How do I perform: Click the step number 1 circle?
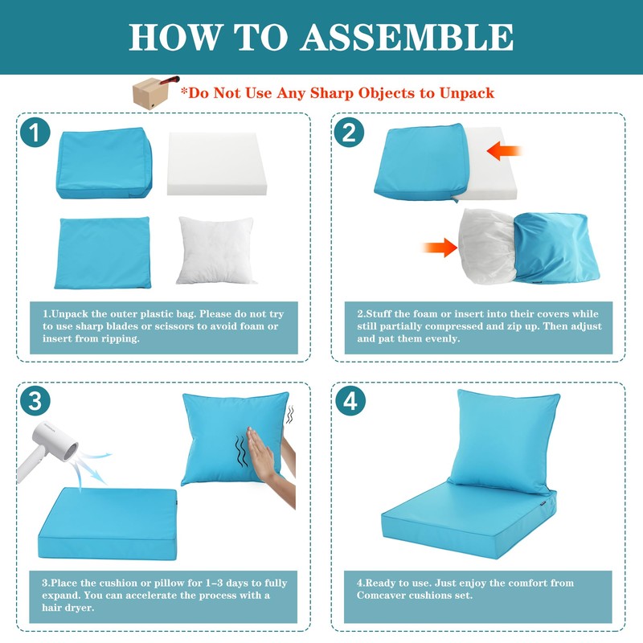point(35,133)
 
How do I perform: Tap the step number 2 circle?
point(349,133)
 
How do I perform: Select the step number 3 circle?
point(35,400)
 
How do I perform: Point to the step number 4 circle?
point(350,400)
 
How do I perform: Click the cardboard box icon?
point(151,93)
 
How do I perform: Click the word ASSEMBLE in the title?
point(407,37)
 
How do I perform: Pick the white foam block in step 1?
point(217,163)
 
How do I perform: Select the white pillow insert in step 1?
point(215,250)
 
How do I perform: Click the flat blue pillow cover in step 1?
point(103,252)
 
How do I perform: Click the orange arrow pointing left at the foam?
point(504,151)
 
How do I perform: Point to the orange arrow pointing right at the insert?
point(440,248)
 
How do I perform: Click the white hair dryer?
point(47,451)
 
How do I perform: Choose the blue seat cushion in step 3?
point(108,523)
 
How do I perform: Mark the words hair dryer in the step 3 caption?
point(68,608)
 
